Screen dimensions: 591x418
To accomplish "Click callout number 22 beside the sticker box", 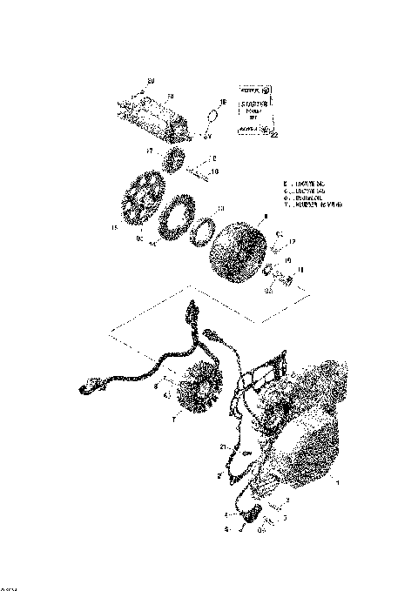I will [274, 136].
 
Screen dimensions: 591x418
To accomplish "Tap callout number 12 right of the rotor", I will [293, 242].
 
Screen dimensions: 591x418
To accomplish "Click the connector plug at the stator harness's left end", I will [88, 386].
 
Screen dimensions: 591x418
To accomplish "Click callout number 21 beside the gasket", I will [224, 447].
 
